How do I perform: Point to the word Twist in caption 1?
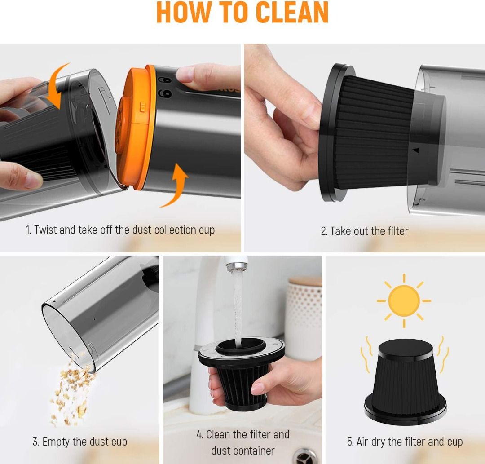pyautogui.click(x=45, y=230)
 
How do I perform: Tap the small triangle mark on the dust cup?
pyautogui.click(x=415, y=151)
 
